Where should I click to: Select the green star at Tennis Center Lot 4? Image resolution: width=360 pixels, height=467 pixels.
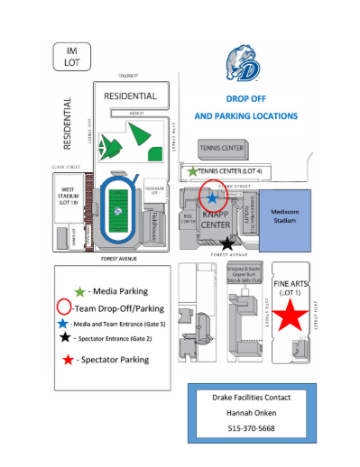click(192, 169)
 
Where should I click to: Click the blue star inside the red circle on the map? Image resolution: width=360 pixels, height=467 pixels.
click(212, 197)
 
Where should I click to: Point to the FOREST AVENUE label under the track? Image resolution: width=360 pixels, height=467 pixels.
click(118, 259)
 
